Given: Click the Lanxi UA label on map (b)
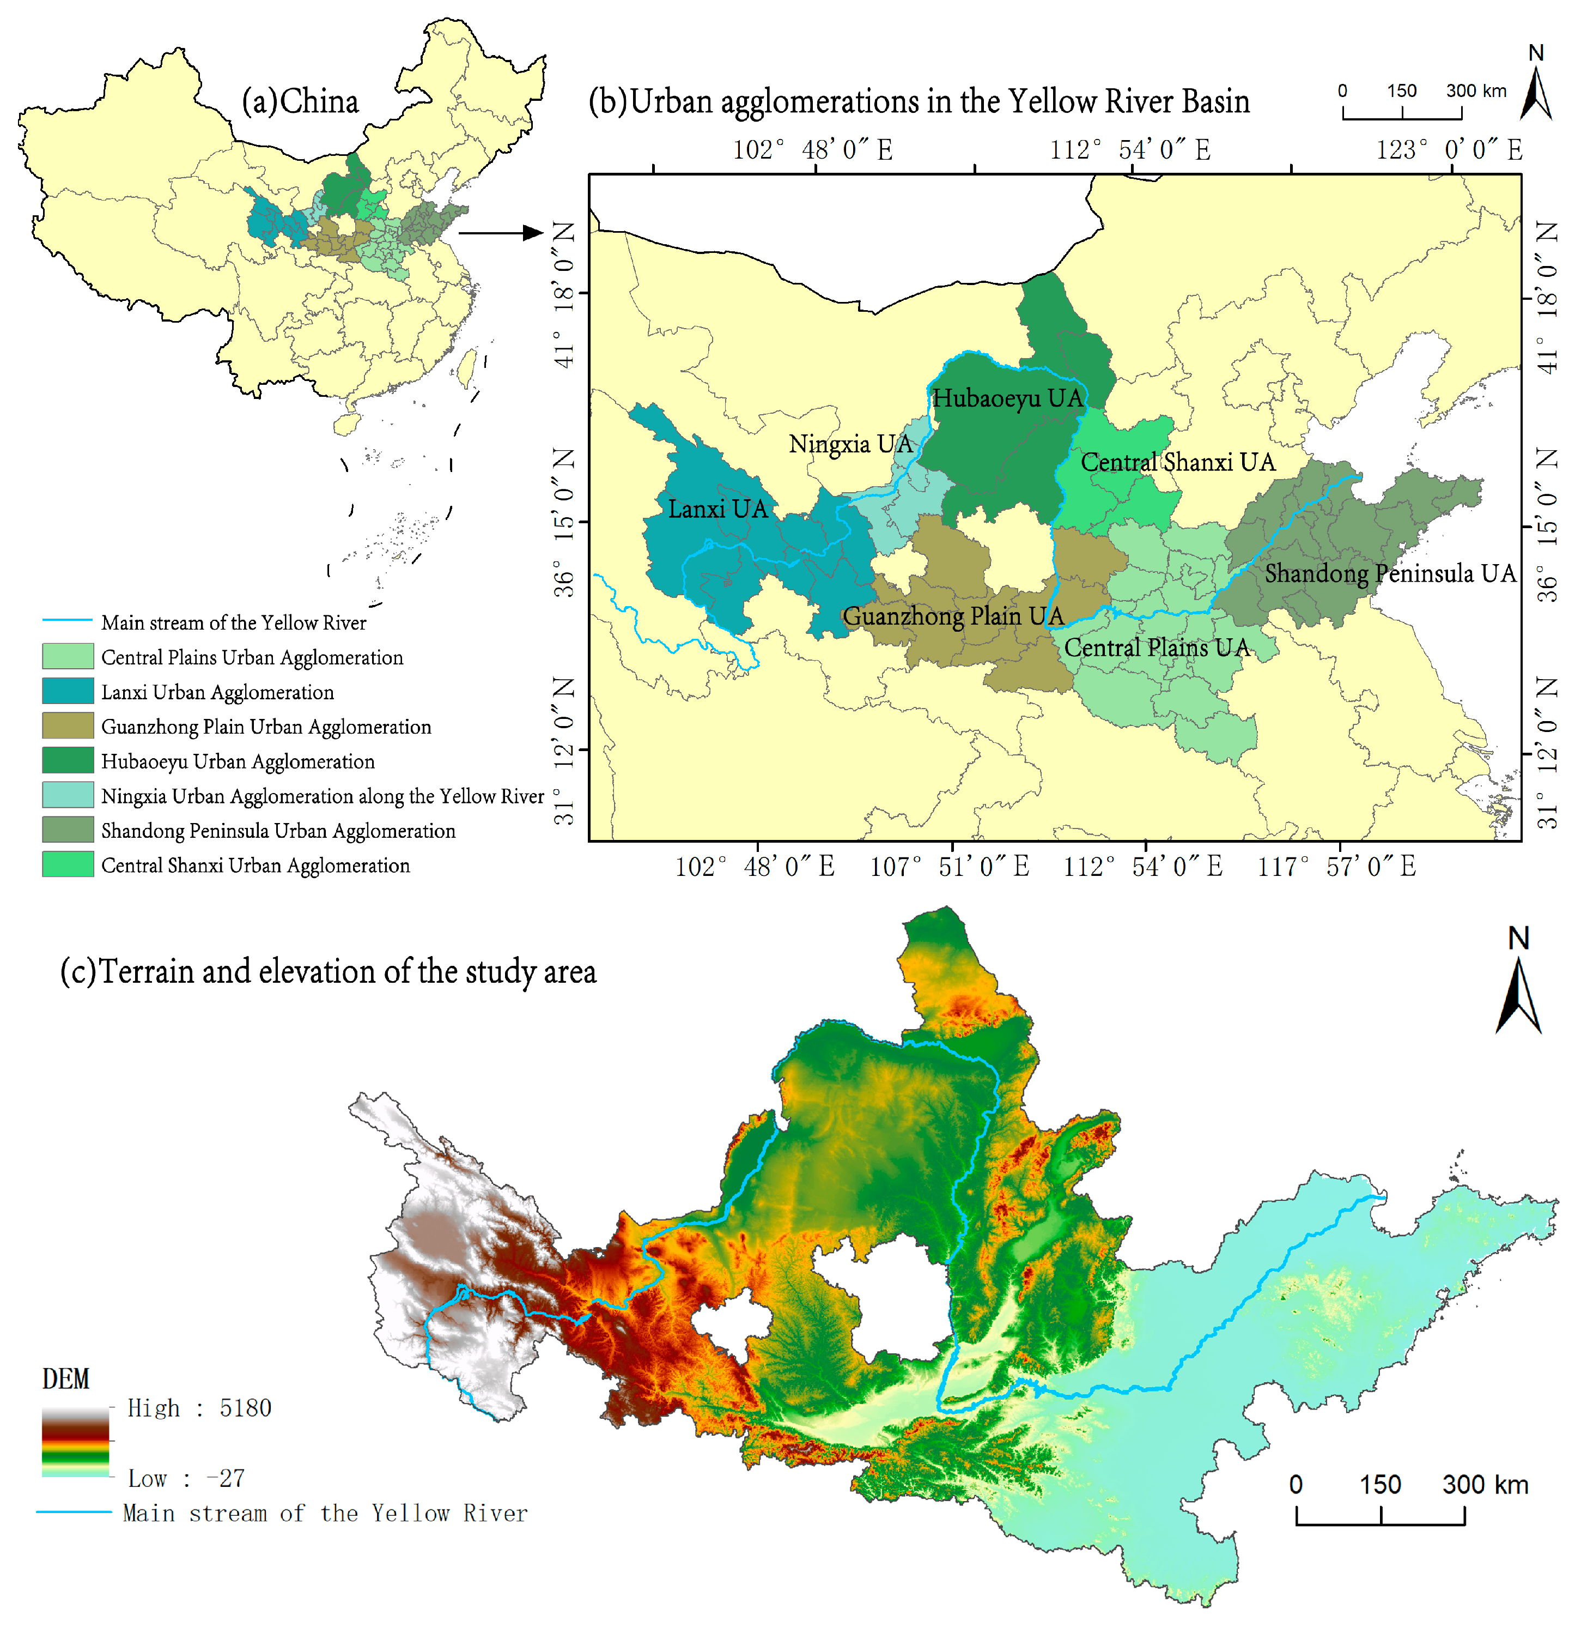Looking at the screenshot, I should coord(718,509).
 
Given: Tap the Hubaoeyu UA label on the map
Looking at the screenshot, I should coord(1007,398).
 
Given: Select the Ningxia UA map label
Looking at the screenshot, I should coord(850,444).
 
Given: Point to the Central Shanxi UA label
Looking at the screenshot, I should coord(1177,462).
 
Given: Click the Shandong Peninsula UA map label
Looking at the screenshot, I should coord(1390,573).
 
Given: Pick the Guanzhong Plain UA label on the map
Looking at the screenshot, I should coord(953,616).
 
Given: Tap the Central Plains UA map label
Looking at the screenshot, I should coord(1157,648).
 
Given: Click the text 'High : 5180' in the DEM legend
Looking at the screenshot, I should coord(199,1408).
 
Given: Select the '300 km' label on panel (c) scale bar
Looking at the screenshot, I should coord(1485,1484).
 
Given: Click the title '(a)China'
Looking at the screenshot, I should coord(300,101).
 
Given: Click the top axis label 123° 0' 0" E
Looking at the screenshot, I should coord(1449,150).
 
